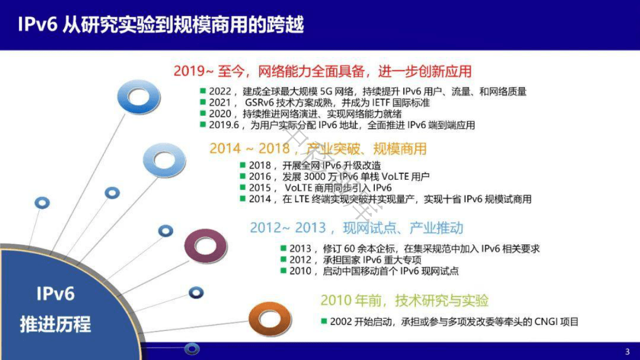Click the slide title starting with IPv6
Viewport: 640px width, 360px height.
pyautogui.click(x=160, y=25)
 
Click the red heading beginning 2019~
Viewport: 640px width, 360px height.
pyautogui.click(x=322, y=71)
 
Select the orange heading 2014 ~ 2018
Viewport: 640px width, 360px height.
pyautogui.click(x=317, y=149)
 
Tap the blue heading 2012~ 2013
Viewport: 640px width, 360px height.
pyautogui.click(x=356, y=228)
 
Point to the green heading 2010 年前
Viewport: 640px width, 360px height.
pyautogui.click(x=404, y=300)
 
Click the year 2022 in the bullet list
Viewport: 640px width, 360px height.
pyautogui.click(x=220, y=92)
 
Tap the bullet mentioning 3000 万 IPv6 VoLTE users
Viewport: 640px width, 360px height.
pyautogui.click(x=339, y=177)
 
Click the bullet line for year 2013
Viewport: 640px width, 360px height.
pyautogui.click(x=414, y=249)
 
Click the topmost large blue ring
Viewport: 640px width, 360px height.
pyautogui.click(x=138, y=97)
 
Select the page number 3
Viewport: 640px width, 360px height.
pyautogui.click(x=627, y=352)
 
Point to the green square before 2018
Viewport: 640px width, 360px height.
pyautogui.click(x=243, y=166)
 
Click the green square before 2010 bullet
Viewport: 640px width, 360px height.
pyautogui.click(x=283, y=271)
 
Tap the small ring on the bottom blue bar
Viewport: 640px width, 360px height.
pyautogui.click(x=191, y=349)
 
